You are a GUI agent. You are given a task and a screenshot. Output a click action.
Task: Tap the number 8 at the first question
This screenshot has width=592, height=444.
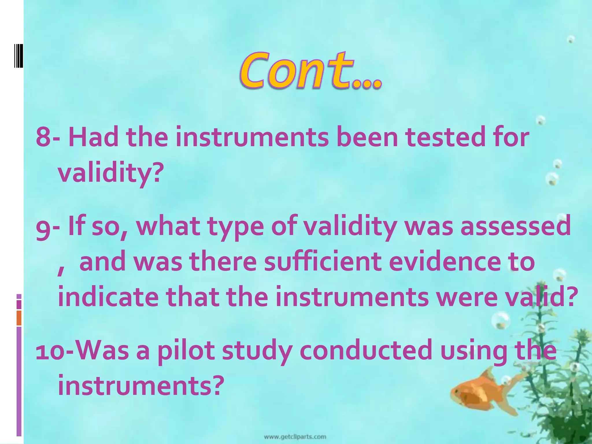tap(43, 137)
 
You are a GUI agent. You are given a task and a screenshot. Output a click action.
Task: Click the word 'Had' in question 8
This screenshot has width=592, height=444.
tap(93, 137)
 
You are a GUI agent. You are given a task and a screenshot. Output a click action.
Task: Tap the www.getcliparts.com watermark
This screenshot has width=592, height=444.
tap(295, 436)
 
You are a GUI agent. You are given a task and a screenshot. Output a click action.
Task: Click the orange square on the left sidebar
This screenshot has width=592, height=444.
tap(19, 318)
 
